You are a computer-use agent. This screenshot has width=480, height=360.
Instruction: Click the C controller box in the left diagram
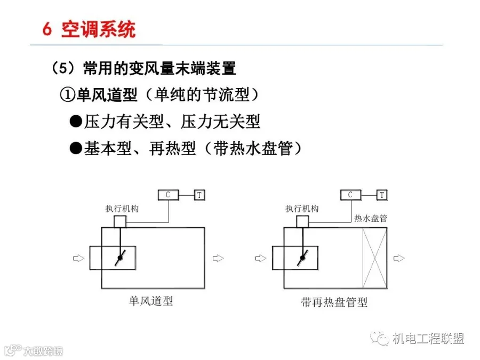pos(169,195)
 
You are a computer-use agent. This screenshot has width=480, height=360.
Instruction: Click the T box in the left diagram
pos(199,195)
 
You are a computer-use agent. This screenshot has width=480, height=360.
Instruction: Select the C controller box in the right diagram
pos(351,195)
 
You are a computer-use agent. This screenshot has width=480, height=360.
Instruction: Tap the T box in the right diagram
pos(382,195)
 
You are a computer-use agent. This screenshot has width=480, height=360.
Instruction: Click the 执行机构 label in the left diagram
pos(122,209)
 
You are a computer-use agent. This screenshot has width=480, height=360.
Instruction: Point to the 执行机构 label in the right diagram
pos(302,209)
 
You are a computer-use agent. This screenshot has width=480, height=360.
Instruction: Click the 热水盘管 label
pos(371,218)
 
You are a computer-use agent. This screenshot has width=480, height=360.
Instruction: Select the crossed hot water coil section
pos(375,258)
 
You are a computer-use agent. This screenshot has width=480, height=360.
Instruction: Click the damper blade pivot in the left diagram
pos(120,258)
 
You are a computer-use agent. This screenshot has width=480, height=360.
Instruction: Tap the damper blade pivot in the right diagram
pos(302,258)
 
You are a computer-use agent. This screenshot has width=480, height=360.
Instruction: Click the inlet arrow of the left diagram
pos(78,258)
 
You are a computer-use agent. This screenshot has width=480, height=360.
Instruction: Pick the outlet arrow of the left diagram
pos(218,258)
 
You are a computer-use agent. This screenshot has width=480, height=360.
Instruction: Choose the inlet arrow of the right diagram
pos(261,258)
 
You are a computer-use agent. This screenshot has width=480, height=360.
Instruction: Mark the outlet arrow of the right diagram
pos(399,258)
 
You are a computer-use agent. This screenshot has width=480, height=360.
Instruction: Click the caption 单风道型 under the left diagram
pos(151,301)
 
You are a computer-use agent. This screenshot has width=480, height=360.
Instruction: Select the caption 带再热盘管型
pos(334,302)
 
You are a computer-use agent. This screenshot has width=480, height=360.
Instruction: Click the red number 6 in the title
pos(47,29)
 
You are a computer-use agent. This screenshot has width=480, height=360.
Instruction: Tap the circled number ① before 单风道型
pos(68,95)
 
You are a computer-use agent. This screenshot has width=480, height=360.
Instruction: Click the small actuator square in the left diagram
pos(120,222)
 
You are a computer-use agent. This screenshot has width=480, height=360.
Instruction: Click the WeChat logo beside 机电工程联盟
pos(380,338)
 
